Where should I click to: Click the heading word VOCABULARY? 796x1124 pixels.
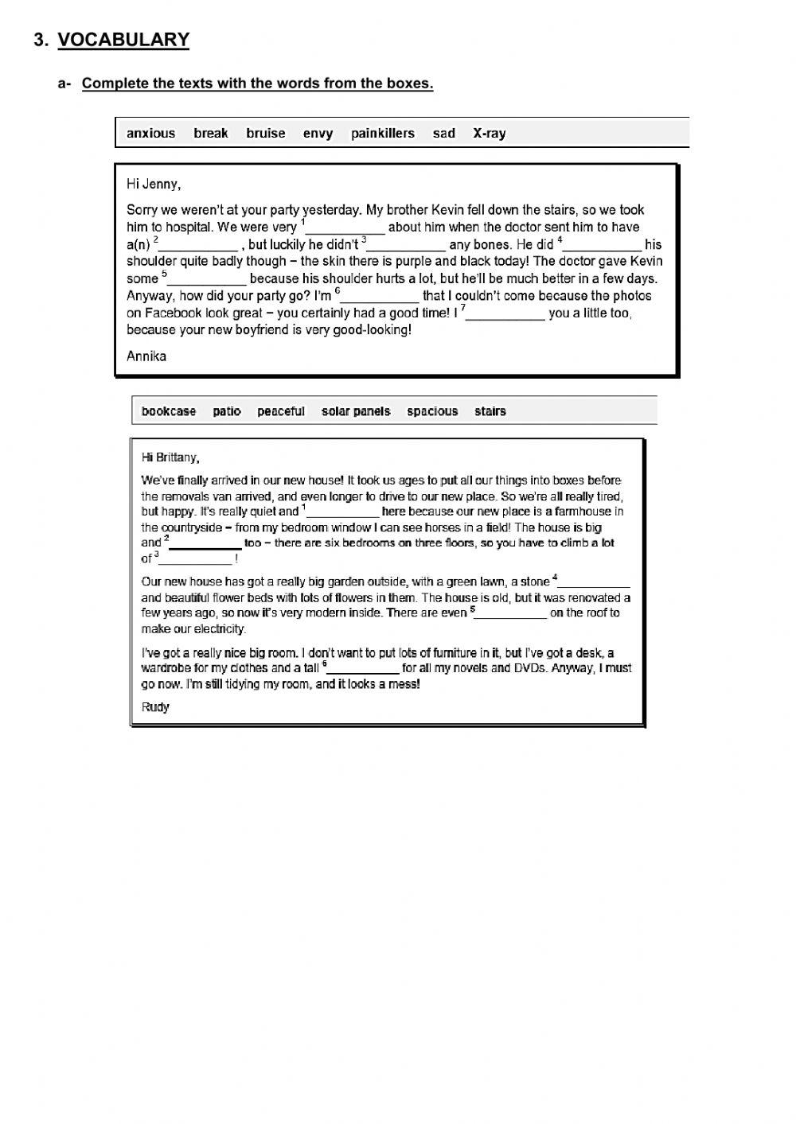coord(123,40)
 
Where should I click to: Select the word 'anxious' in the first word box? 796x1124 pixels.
coord(150,134)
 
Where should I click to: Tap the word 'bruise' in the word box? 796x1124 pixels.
coord(265,134)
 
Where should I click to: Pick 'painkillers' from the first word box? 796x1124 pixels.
coord(383,134)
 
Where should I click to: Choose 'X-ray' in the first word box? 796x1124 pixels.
coord(489,134)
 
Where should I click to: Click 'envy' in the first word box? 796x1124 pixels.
coord(318,134)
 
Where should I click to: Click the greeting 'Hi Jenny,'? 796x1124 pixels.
coord(154,185)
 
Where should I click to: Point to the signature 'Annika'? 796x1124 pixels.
coord(146,356)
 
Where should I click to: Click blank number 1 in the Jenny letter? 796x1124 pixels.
coord(345,229)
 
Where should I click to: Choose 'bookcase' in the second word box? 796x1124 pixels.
coord(168,411)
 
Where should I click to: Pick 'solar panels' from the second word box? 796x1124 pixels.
coord(356,411)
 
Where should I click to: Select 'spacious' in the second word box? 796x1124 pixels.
coord(432,411)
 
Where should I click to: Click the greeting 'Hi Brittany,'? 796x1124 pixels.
coord(170,457)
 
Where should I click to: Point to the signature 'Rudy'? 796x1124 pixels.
coord(155,707)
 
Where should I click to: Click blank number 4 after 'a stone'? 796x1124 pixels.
coord(594,583)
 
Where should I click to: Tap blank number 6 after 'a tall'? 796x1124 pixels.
coord(363,670)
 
